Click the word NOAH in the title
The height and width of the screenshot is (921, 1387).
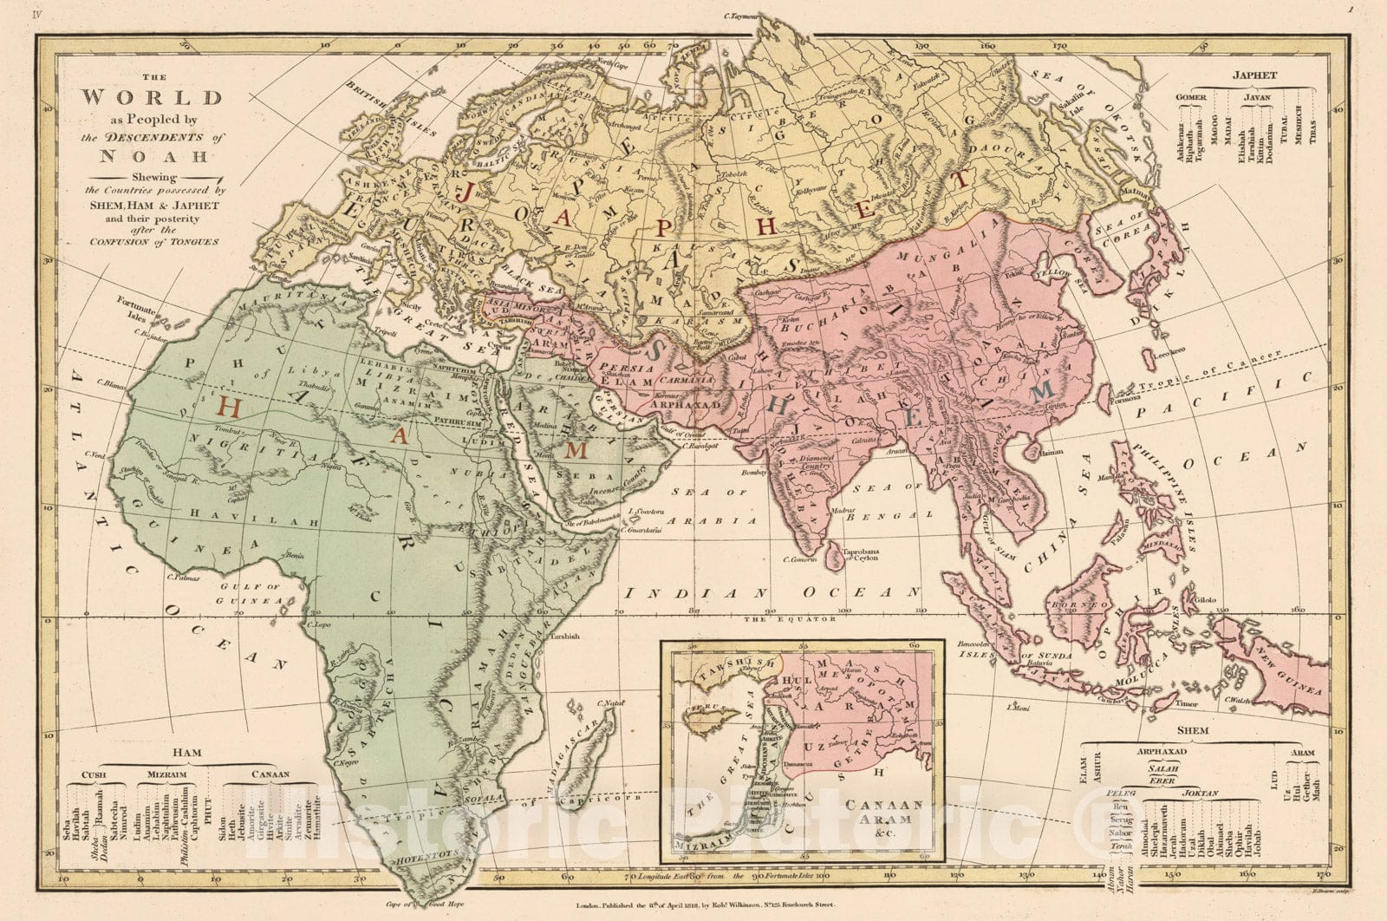(153, 157)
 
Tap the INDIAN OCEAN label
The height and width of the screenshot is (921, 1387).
(772, 593)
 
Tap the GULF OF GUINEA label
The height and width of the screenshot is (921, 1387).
(249, 594)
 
